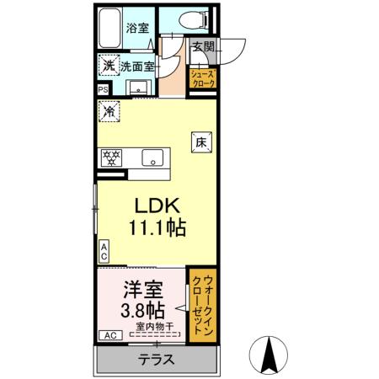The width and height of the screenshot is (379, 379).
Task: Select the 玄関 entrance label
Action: [201, 47]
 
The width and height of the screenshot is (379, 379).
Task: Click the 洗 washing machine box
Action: [107, 65]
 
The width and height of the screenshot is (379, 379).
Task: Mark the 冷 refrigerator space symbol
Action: [109, 109]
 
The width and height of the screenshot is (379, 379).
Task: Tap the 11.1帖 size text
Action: [157, 227]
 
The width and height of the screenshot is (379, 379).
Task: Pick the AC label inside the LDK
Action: [103, 251]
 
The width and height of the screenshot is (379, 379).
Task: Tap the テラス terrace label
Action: [156, 360]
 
